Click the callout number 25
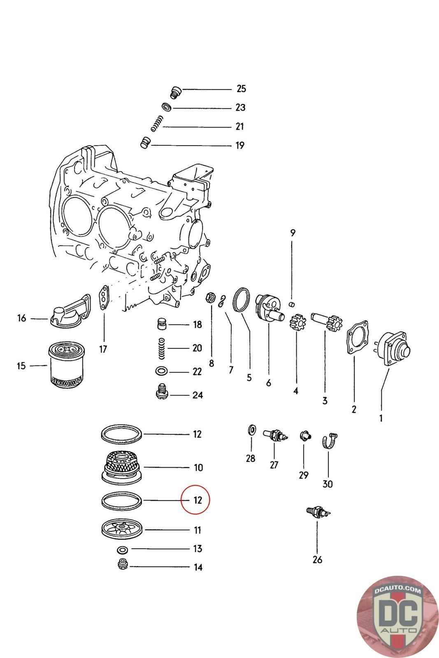(241, 89)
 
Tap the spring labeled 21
(157, 124)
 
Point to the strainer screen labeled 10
(121, 468)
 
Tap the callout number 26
(317, 560)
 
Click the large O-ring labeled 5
(242, 299)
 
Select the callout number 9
(293, 233)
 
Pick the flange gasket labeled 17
(104, 297)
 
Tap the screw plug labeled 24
(162, 391)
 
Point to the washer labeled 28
(252, 430)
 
